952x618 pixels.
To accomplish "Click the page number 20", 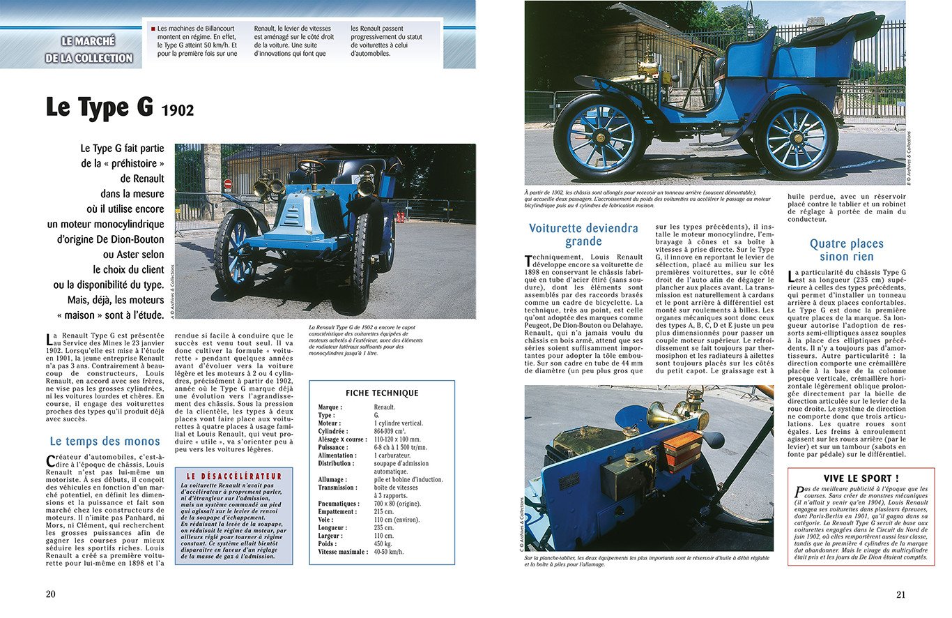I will [50, 594].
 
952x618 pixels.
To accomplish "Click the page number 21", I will [900, 594].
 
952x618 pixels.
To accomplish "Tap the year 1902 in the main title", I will [177, 110].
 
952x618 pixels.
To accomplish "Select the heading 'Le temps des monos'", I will [105, 441].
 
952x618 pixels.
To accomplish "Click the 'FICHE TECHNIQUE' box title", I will [382, 393].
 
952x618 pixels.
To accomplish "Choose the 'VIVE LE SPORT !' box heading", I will [861, 478].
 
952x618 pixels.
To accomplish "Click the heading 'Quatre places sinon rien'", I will [846, 250].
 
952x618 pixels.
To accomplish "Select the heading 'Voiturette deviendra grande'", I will [583, 235].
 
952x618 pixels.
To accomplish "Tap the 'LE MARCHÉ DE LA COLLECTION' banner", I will [89, 50].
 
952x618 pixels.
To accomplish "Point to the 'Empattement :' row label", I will [338, 511].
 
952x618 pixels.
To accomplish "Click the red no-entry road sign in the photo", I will [227, 184].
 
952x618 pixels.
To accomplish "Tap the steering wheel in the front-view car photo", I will [309, 166].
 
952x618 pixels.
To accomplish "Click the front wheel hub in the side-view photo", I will [601, 136].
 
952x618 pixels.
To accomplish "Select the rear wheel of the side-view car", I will [796, 137].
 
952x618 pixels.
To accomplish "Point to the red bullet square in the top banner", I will [153, 29].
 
